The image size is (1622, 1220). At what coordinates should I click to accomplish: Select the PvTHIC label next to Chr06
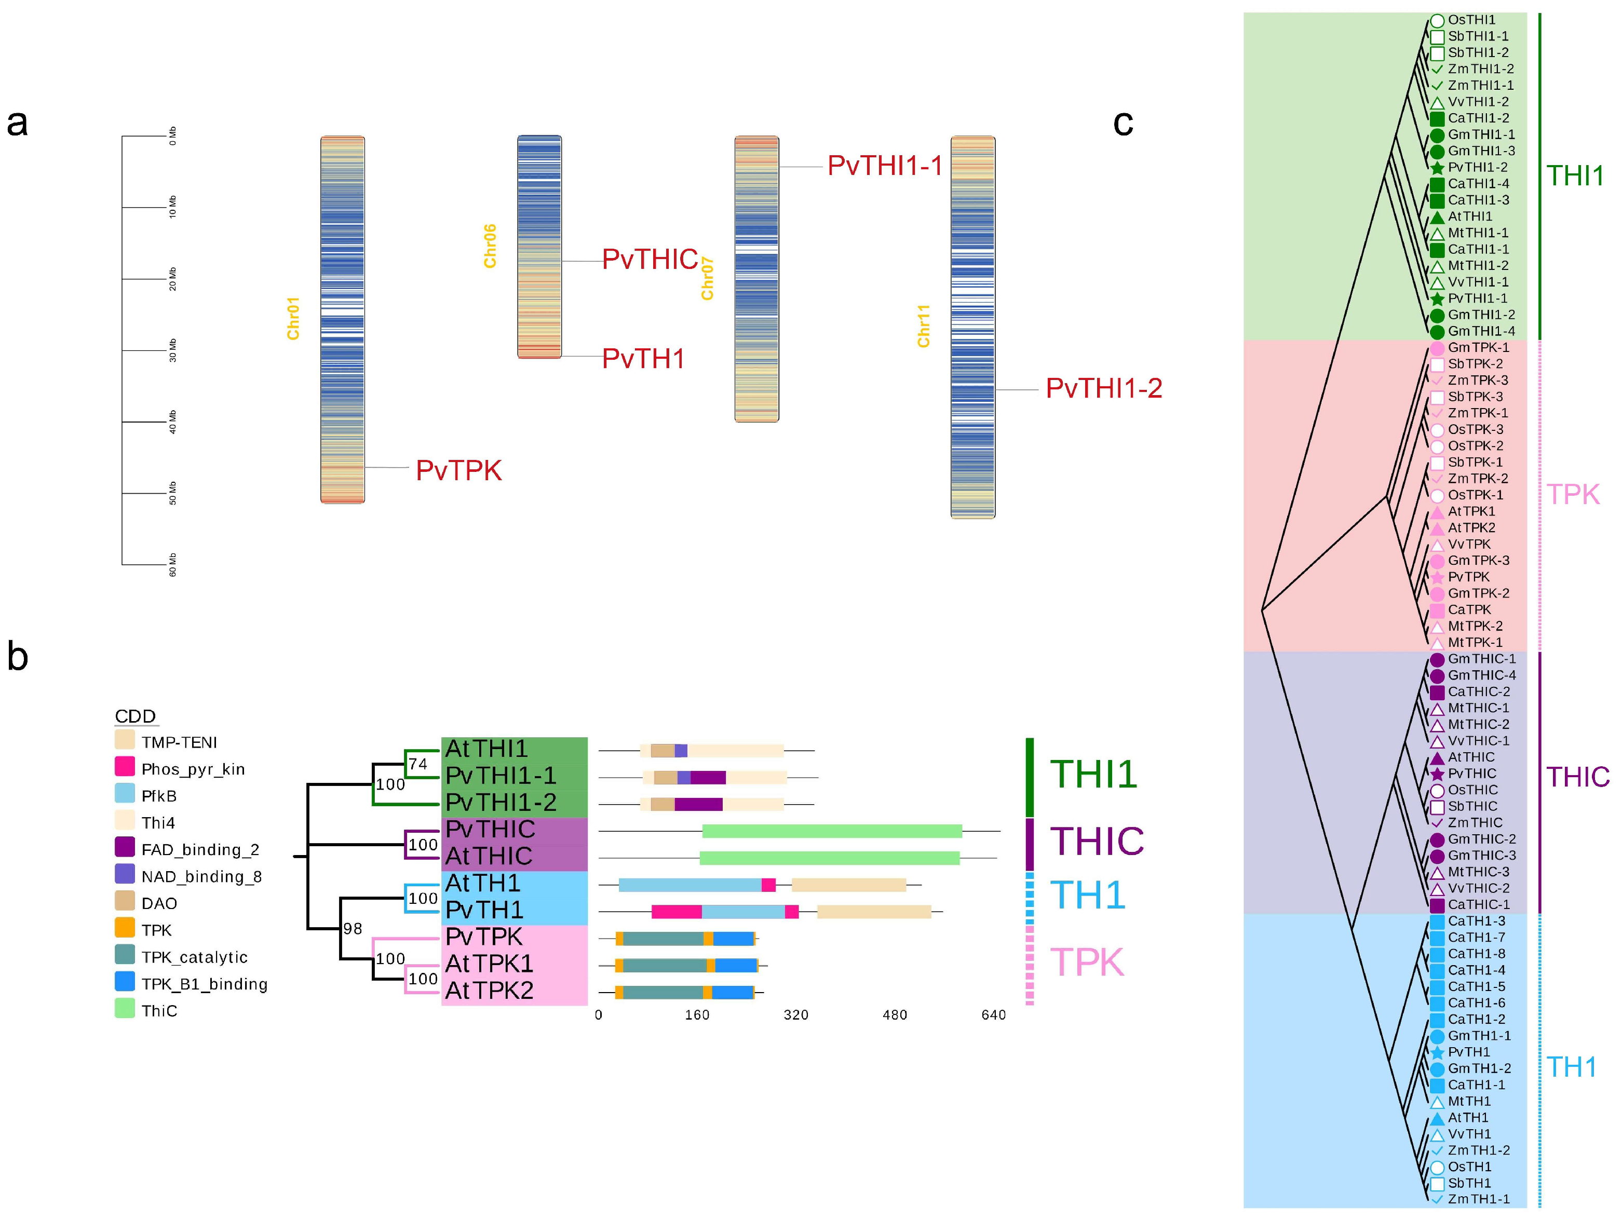coord(650,260)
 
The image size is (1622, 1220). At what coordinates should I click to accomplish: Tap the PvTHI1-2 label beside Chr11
coord(1104,388)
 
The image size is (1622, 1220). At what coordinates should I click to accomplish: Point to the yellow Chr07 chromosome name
coord(707,279)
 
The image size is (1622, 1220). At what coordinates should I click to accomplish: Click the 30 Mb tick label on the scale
coord(173,350)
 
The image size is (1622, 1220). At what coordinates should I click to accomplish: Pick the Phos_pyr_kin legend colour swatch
coord(125,767)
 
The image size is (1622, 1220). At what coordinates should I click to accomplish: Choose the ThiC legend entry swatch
coord(125,1009)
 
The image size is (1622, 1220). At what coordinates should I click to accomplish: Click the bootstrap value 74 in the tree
coord(418,764)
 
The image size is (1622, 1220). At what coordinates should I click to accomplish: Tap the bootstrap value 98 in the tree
coord(353,929)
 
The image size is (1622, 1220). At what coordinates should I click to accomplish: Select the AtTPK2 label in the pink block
coord(489,991)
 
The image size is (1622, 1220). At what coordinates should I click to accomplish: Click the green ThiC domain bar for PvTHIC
coord(832,831)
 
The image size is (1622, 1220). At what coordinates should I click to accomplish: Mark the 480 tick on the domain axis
coord(895,1015)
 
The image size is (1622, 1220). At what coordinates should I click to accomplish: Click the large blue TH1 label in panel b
coord(1087,895)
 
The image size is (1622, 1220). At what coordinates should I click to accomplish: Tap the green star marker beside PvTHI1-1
coord(1437,299)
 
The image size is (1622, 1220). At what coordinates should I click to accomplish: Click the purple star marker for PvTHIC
coord(1437,774)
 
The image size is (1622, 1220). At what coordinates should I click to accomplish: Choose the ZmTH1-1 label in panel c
coord(1478,1199)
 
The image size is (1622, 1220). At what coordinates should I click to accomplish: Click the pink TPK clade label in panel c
coord(1573,495)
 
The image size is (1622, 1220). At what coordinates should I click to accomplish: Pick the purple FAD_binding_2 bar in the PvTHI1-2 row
coord(698,804)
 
